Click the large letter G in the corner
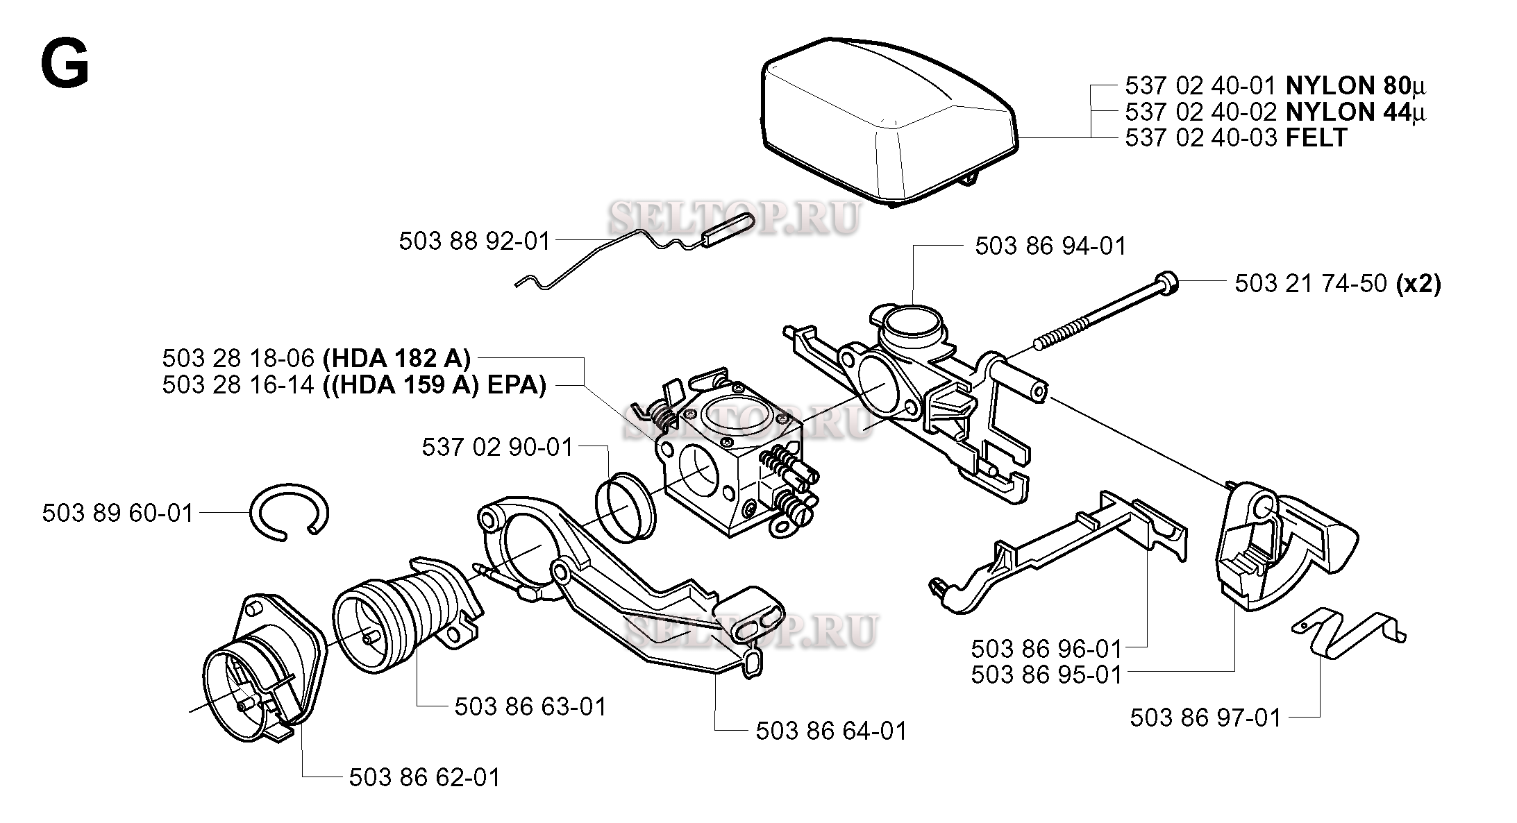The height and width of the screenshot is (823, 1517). (65, 63)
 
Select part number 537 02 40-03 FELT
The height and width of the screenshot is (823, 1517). (1235, 137)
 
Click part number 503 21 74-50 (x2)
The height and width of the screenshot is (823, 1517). (1336, 284)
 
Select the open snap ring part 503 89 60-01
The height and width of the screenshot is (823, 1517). (290, 512)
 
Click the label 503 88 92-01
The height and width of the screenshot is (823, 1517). (474, 241)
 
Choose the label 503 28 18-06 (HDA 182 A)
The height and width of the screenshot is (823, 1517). (316, 359)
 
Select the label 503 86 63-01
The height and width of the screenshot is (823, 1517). (530, 707)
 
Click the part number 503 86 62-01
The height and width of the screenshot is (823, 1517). (424, 777)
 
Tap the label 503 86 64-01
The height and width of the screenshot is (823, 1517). (831, 731)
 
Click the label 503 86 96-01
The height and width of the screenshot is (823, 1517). (1046, 649)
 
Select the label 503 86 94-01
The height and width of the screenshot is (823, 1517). (1050, 246)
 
